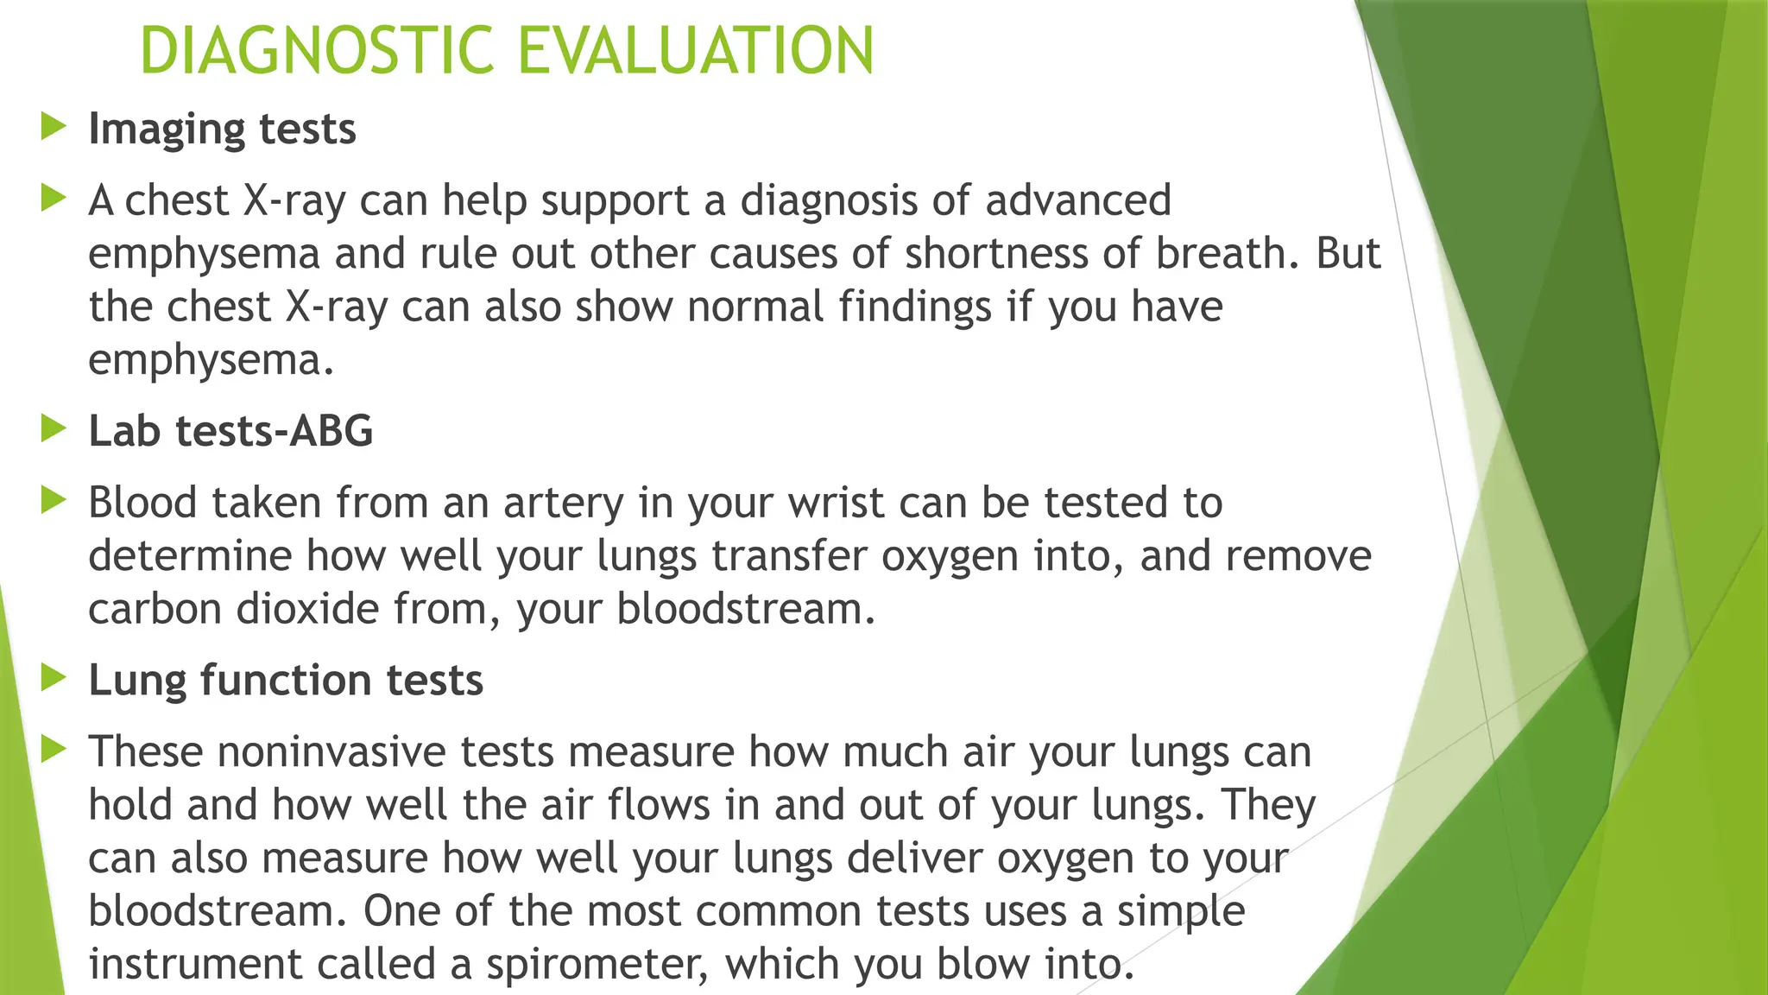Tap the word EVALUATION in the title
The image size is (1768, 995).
coord(696,51)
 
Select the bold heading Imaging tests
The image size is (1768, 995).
coord(222,130)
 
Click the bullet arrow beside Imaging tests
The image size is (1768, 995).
coord(54,127)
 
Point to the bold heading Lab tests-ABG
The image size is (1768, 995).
coord(230,431)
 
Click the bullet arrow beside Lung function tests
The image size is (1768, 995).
coord(54,678)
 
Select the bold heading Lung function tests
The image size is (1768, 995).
coord(286,680)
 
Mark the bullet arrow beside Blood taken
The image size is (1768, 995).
coord(54,500)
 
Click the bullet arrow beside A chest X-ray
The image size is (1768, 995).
coord(54,199)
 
